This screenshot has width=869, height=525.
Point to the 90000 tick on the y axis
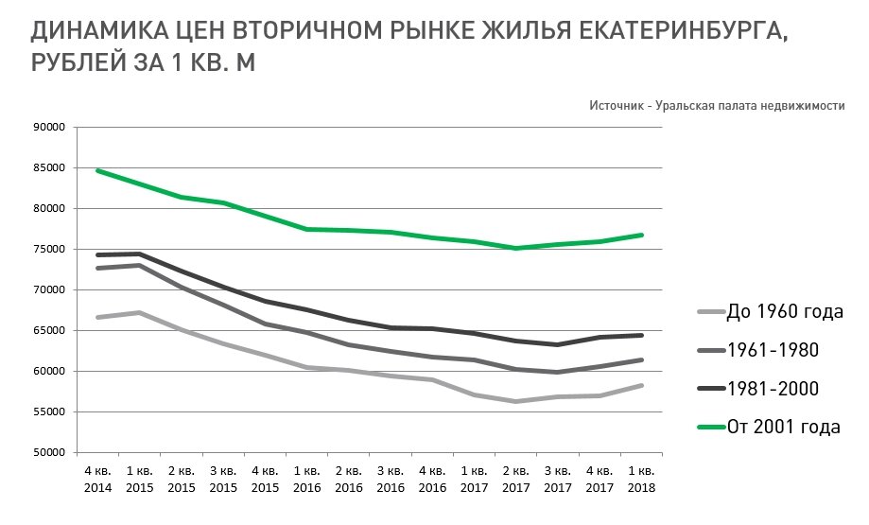point(49,128)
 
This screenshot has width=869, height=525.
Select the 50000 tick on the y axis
point(49,453)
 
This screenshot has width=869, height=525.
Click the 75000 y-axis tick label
point(49,250)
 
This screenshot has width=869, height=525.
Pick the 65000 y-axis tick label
point(49,331)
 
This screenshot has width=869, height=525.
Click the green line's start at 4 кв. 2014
point(97,170)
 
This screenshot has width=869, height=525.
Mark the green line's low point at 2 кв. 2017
point(515,248)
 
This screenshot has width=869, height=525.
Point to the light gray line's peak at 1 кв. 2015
point(139,312)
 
